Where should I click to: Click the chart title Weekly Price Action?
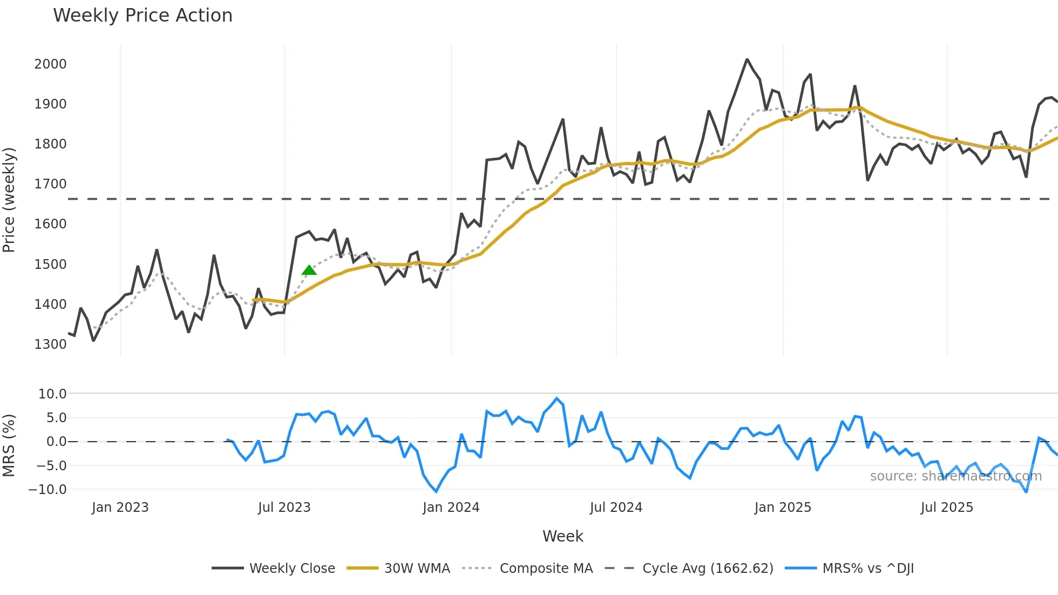pos(143,16)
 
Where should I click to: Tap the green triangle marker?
pos(309,270)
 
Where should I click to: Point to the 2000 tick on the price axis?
pos(50,64)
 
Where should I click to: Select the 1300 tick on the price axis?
pos(50,344)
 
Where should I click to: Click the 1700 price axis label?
pos(50,184)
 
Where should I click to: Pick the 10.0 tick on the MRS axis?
pos(52,394)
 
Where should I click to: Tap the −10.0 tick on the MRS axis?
pos(48,490)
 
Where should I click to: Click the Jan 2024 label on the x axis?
pos(451,508)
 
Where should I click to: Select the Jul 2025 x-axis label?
pos(947,508)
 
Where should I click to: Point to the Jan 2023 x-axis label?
pos(120,508)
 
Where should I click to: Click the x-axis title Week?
pos(562,536)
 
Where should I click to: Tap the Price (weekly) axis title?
pos(9,200)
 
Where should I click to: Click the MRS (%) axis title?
pos(9,445)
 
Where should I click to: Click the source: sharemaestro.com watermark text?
pos(955,476)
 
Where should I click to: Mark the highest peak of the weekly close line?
pos(747,59)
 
